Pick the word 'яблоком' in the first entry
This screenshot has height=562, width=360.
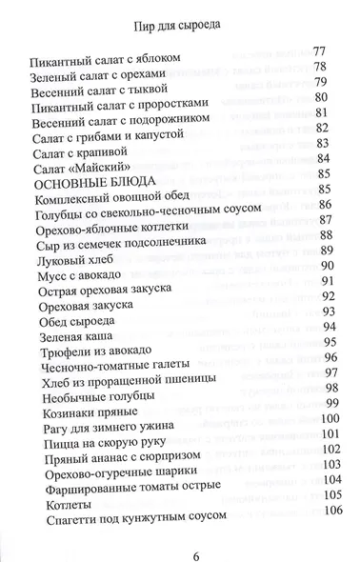(154, 60)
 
